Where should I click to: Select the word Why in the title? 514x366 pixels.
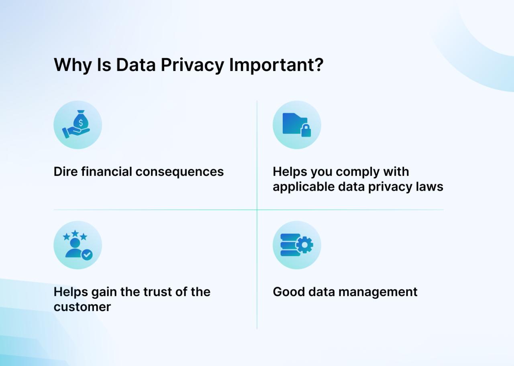click(73, 65)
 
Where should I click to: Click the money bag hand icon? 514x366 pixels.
click(78, 125)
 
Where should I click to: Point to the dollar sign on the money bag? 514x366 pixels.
click(81, 122)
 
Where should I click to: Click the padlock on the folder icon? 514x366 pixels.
click(306, 130)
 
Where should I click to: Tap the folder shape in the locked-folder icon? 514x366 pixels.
click(294, 123)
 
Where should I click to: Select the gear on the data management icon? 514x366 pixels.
click(305, 245)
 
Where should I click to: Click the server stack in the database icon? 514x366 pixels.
click(290, 245)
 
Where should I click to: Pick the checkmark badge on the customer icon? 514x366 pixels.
click(87, 254)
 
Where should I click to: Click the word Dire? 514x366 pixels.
click(65, 172)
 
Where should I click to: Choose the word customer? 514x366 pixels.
click(82, 307)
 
